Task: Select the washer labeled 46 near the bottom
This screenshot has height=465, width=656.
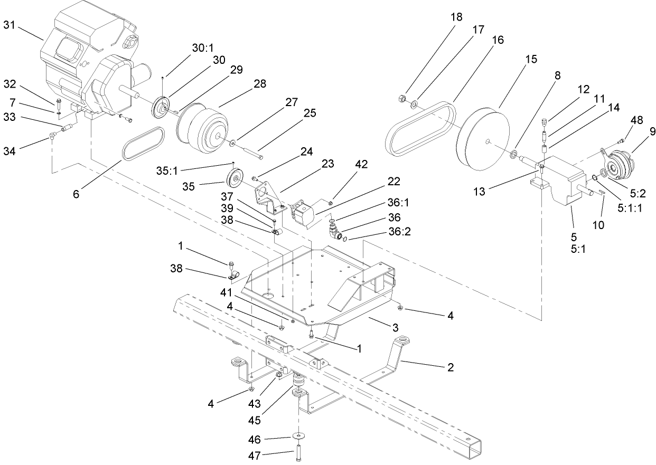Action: tap(299, 436)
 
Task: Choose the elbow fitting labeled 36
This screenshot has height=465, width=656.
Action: tap(333, 231)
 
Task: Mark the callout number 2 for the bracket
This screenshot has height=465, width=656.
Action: tap(449, 366)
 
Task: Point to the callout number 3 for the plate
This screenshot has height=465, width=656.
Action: tap(395, 327)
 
